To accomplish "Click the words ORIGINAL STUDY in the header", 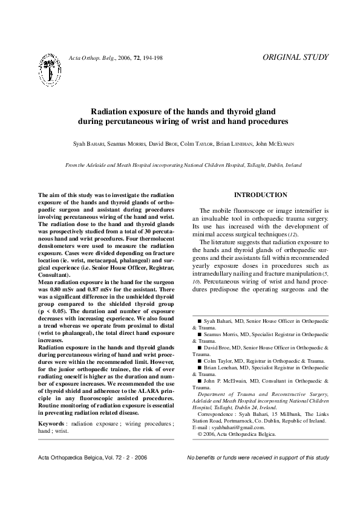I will tap(296, 57).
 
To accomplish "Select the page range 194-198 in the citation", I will tap(151, 58).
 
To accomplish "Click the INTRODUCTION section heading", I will tap(260, 195).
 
